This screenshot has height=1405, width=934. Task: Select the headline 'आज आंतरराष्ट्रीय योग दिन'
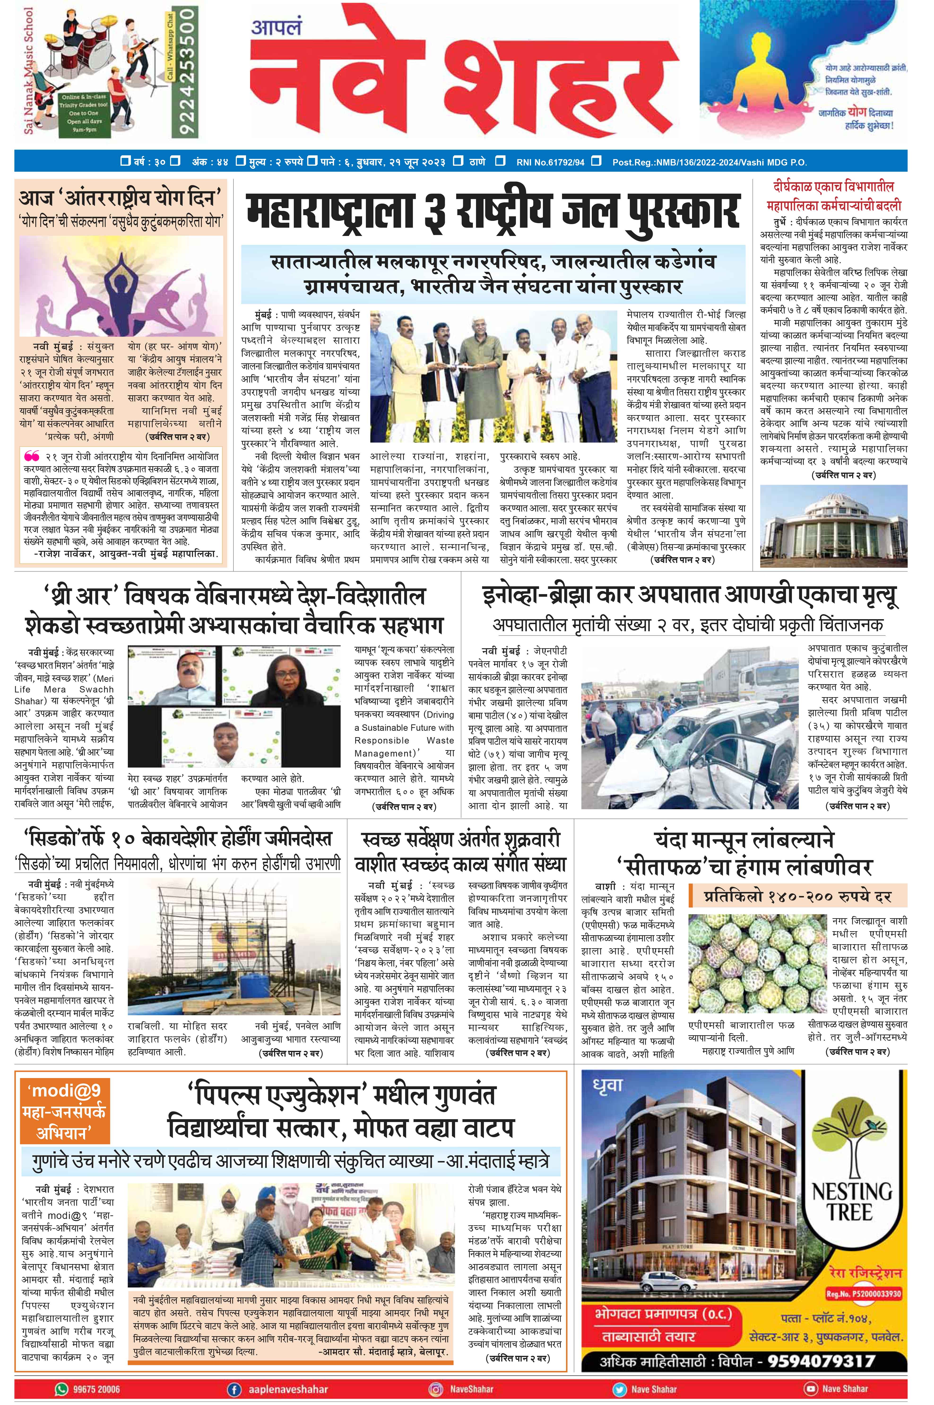click(x=120, y=197)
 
